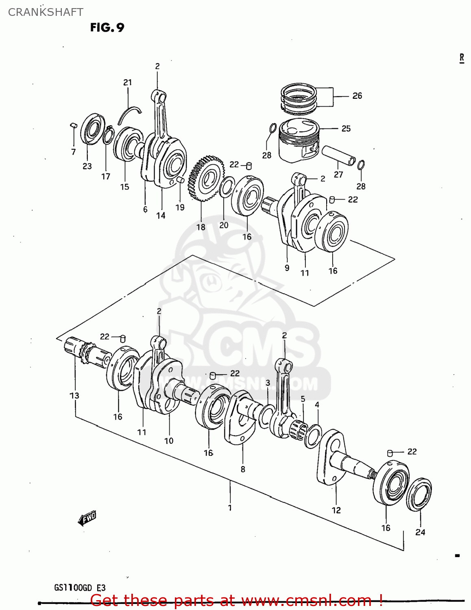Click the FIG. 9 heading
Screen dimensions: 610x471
pos(107,27)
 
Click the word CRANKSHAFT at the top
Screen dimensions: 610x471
pos(46,12)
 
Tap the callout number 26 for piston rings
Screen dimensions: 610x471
pos(357,96)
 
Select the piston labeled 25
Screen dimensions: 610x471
pos(299,140)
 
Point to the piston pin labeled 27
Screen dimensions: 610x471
pos(338,155)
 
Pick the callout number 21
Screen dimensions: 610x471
pos(128,82)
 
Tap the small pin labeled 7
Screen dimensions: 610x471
pos(74,124)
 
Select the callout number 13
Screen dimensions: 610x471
pos(74,395)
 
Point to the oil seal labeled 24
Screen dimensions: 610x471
pos(419,494)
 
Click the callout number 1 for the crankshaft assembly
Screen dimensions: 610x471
pos(230,508)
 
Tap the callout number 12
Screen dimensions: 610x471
pos(336,510)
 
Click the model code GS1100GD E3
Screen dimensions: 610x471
pos(80,588)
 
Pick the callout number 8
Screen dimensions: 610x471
pos(243,469)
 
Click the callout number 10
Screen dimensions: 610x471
pos(169,440)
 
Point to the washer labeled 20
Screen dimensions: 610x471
pos(227,187)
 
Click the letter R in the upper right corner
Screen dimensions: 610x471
pos(462,58)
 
